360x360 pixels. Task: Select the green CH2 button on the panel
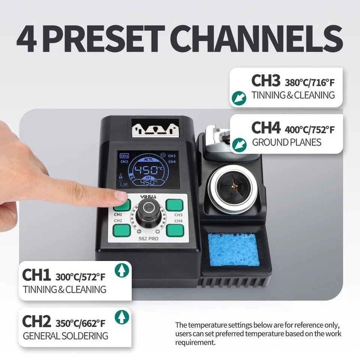pos(122,229)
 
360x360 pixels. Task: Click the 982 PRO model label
pos(147,238)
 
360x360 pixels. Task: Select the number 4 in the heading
pos(28,39)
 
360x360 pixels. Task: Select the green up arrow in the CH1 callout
pos(121,270)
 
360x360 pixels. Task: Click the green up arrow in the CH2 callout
pos(121,317)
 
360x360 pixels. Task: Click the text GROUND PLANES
pos(286,142)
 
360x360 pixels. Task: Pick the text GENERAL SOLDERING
pos(66,336)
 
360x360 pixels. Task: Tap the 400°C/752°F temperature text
pos(309,130)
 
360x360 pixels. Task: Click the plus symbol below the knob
pos(157,231)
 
